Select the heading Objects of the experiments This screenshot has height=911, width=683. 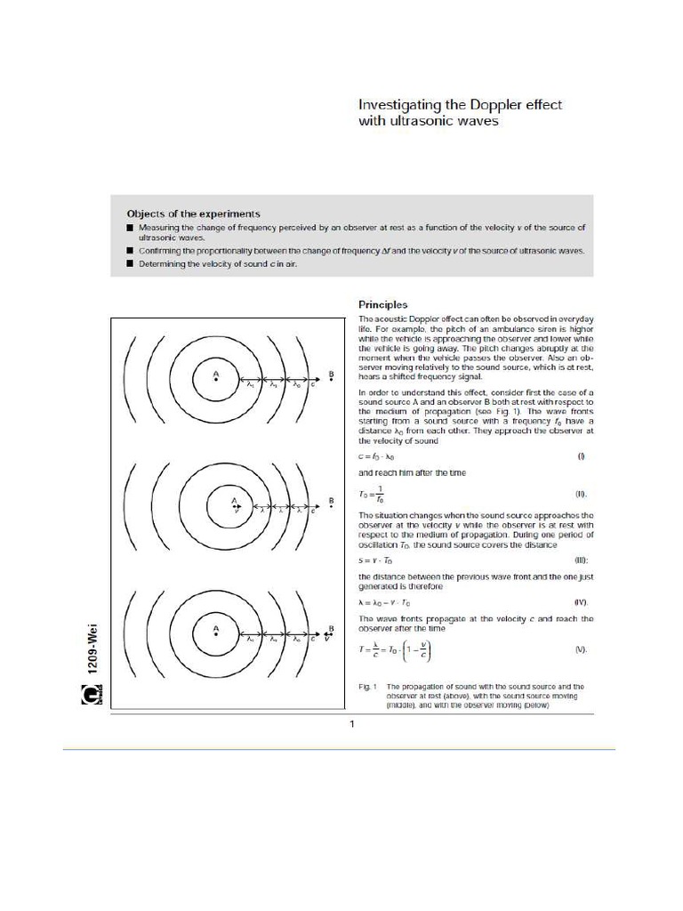pyautogui.click(x=193, y=214)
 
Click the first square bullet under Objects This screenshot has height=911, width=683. pyautogui.click(x=130, y=228)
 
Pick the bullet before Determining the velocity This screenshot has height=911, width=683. pyautogui.click(x=130, y=264)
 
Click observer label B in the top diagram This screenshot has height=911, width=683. pyautogui.click(x=330, y=374)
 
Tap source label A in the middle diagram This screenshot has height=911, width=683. pyautogui.click(x=234, y=500)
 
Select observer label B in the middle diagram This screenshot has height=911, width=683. pyautogui.click(x=331, y=501)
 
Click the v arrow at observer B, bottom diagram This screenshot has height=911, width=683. pyautogui.click(x=329, y=638)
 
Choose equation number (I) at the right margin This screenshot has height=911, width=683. pyautogui.click(x=581, y=456)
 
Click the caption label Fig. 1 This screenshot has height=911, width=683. pyautogui.click(x=368, y=687)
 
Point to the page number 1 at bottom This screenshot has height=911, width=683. pyautogui.click(x=352, y=724)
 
